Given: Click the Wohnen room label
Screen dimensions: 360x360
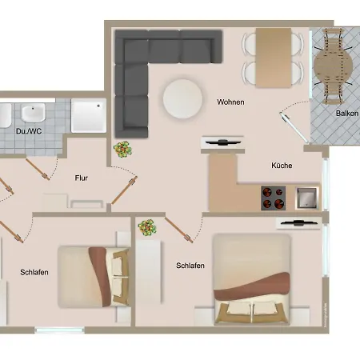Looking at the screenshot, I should [230, 102].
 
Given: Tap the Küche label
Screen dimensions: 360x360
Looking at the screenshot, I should [282, 166].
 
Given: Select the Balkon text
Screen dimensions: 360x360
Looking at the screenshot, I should [346, 114].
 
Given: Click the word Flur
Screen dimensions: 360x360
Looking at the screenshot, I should [81, 178].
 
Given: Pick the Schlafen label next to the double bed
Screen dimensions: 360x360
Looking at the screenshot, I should [190, 266].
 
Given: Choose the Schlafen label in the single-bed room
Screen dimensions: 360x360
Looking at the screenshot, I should [34, 272].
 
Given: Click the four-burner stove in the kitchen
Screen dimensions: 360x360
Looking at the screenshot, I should [273, 195].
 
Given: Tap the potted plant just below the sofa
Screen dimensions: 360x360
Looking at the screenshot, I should [123, 149].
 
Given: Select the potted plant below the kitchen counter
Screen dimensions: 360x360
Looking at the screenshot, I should [147, 229].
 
